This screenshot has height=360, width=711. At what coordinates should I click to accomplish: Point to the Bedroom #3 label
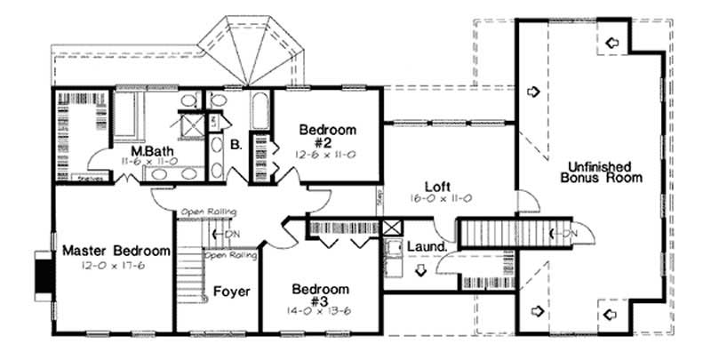tap(321, 296)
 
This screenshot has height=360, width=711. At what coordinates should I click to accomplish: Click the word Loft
tap(435, 187)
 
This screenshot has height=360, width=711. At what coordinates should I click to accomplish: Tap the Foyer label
tap(231, 292)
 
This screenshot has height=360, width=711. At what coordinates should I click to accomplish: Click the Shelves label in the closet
tap(87, 175)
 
